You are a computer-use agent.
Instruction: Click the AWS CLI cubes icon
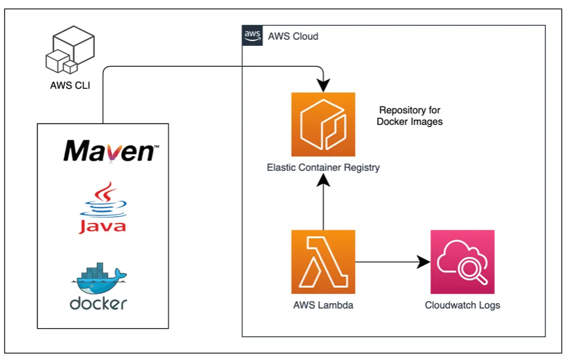(x=70, y=51)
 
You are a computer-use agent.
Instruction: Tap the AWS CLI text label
(x=70, y=86)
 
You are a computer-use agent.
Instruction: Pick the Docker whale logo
(x=99, y=278)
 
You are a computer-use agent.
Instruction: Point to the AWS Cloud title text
(x=293, y=36)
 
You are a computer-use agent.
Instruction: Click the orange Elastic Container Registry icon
(x=323, y=124)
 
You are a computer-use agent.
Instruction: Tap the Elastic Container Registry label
(x=323, y=167)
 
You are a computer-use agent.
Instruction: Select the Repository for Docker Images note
(x=409, y=116)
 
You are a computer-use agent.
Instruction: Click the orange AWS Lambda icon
(x=323, y=261)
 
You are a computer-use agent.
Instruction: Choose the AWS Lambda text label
(x=323, y=305)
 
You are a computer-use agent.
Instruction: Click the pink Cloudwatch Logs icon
(x=462, y=261)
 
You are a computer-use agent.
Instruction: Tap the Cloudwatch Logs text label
(x=462, y=305)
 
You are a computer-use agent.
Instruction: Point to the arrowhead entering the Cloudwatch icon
(x=423, y=262)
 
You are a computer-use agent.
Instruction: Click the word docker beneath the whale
(x=99, y=302)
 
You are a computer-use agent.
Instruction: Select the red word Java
(x=102, y=227)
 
